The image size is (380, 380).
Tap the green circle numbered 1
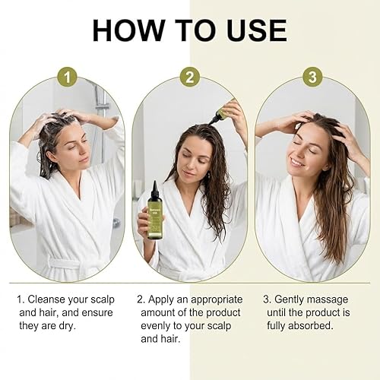[x=69, y=78]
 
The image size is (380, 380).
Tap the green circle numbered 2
[x=189, y=78]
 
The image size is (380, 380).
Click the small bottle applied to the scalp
[x=221, y=114]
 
